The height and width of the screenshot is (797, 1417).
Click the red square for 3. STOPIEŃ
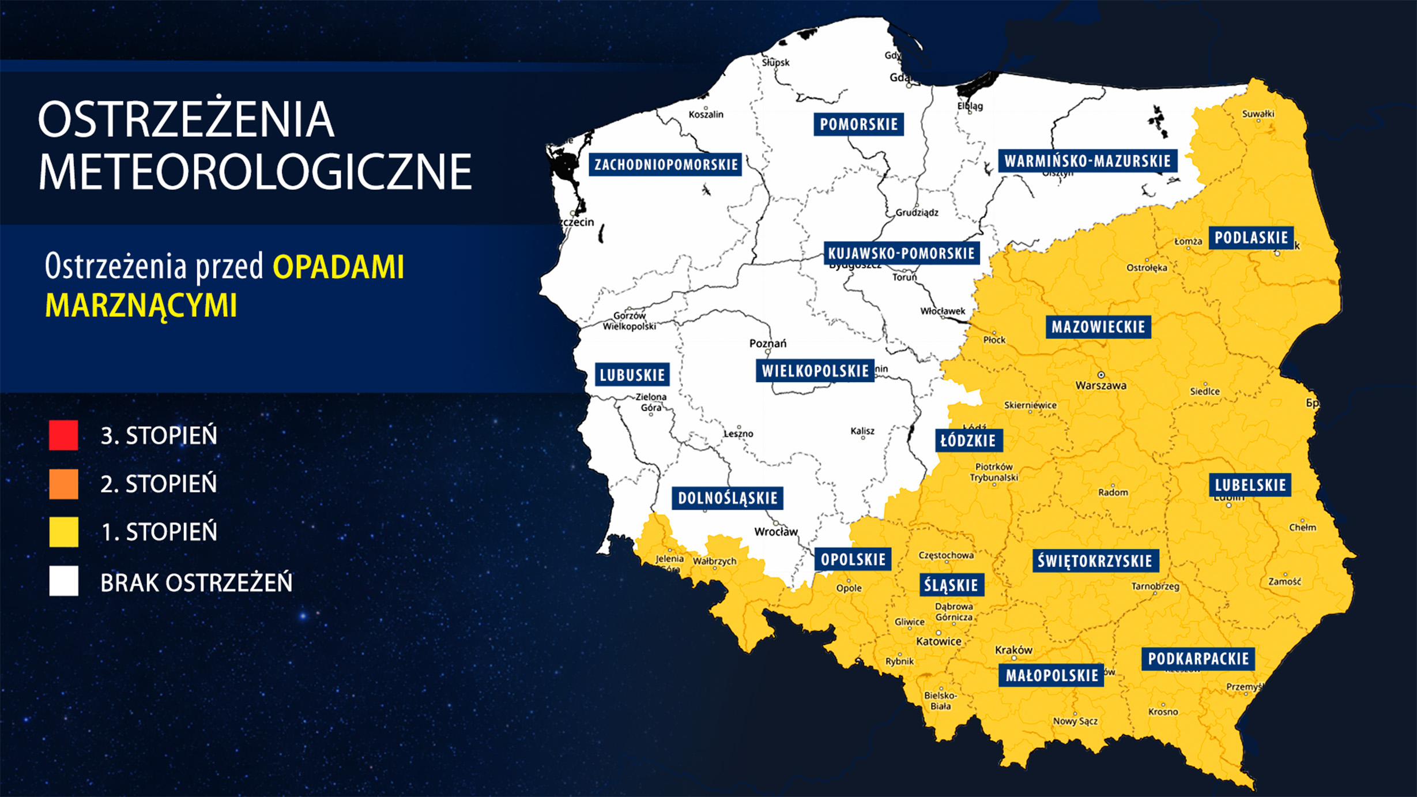[63, 435]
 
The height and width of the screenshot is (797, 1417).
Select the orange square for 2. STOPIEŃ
[63, 483]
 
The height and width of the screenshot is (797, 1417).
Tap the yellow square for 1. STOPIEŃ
[63, 531]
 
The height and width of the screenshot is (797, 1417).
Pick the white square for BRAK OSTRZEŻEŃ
[63, 581]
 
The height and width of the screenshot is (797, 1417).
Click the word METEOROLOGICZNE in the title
[255, 171]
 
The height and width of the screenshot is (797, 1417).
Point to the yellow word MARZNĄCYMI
[141, 305]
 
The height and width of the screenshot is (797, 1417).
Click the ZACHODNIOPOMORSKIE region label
[666, 164]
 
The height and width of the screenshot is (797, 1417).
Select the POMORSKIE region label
[858, 124]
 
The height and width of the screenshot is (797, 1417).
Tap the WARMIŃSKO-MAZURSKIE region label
[1087, 161]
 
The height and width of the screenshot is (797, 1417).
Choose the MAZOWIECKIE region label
[1098, 327]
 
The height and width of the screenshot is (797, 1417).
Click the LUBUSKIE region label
[632, 375]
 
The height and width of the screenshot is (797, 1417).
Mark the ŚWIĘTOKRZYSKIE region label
[1094, 561]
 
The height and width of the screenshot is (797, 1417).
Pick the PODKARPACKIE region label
[1198, 659]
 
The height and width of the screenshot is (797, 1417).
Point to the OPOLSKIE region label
[853, 559]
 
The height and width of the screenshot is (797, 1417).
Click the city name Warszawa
[1101, 385]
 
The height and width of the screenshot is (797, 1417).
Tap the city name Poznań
[767, 343]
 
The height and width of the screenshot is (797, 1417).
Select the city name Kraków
[1013, 650]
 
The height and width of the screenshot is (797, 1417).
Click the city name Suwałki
[1258, 114]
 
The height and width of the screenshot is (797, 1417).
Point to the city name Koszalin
[706, 114]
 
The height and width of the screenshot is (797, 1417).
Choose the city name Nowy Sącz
[1075, 721]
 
